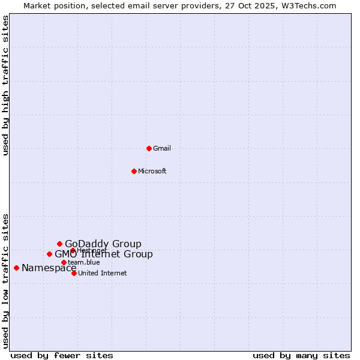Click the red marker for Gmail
[149, 148]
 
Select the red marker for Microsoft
[134, 171]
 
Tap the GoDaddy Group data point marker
[59, 244]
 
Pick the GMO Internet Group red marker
[49, 254]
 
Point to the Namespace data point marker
[16, 268]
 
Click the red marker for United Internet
[74, 273]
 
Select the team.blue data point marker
[64, 262]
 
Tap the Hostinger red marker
[73, 250]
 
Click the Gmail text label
[162, 148]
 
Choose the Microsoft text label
[152, 171]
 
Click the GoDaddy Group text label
[103, 244]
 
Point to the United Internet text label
[102, 273]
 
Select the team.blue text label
[84, 262]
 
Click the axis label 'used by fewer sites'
[62, 355]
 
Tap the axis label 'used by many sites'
[301, 355]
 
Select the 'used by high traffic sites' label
[6, 85]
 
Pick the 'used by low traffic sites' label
[6, 281]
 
